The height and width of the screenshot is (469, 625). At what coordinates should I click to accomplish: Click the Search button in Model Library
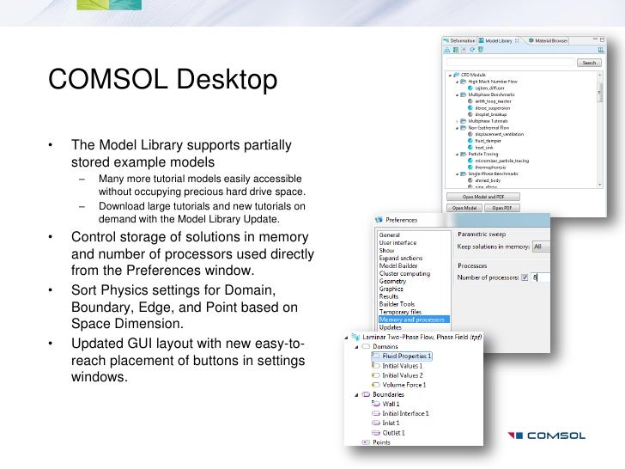(x=588, y=63)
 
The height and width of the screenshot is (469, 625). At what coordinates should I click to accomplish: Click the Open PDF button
(x=503, y=207)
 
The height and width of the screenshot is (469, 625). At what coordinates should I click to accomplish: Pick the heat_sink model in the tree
(x=484, y=147)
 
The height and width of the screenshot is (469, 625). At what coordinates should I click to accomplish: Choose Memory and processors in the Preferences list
(x=413, y=320)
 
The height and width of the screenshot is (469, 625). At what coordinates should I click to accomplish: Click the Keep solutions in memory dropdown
(x=541, y=247)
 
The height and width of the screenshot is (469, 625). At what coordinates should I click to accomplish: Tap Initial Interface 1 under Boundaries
(x=405, y=414)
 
